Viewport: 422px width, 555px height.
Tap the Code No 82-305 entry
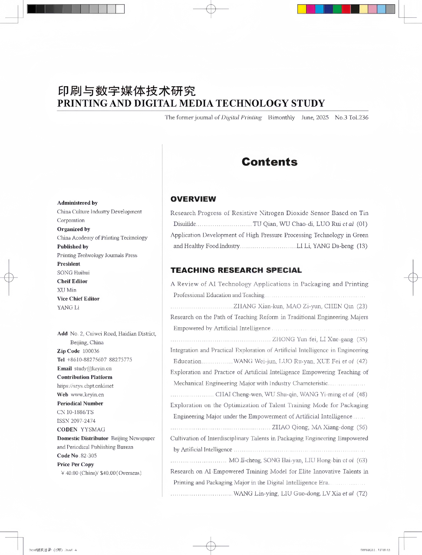click(x=77, y=455)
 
